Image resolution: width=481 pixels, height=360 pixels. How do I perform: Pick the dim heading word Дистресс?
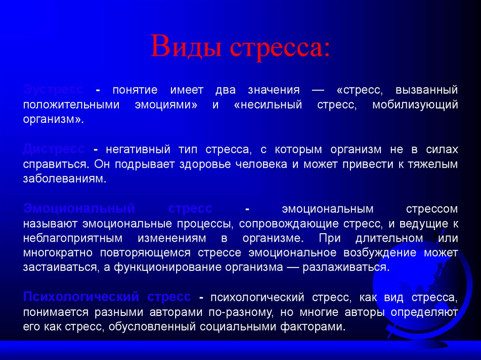(54, 150)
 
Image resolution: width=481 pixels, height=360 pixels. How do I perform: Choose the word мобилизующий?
(415, 104)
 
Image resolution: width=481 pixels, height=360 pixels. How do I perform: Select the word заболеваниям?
(65, 179)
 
